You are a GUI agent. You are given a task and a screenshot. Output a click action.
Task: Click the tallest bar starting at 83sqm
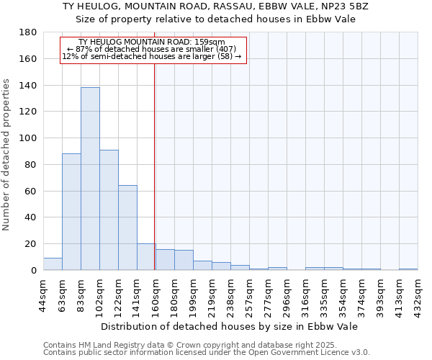[90, 179]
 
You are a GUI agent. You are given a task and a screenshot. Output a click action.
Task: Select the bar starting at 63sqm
[71, 212]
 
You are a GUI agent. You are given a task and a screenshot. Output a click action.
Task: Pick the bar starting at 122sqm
[127, 228]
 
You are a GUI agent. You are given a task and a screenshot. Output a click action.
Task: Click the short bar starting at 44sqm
[53, 264]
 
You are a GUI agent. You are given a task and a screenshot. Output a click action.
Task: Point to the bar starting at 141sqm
[146, 257]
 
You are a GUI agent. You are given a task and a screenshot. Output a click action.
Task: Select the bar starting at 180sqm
[184, 260]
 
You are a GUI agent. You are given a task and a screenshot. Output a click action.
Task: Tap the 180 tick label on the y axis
[29, 32]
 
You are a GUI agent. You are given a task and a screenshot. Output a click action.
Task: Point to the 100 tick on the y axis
[29, 138]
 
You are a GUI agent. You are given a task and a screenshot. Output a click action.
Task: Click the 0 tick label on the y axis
[33, 270]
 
